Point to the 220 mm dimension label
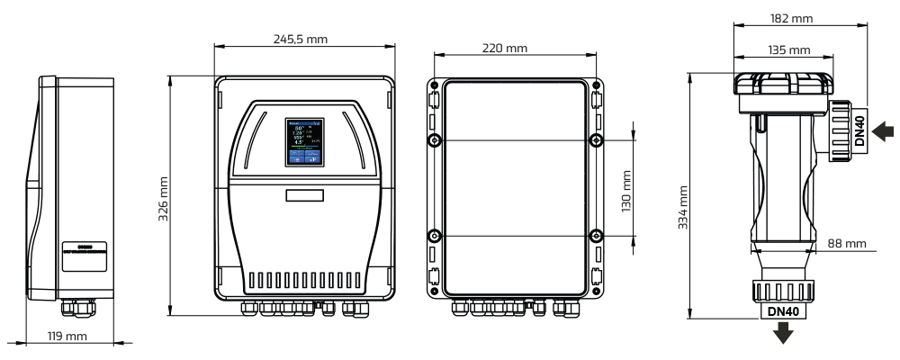click(505, 48)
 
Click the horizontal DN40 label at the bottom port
click(781, 311)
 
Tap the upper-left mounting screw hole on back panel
click(434, 141)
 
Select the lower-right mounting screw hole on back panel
click(595, 236)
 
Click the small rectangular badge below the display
click(304, 194)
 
